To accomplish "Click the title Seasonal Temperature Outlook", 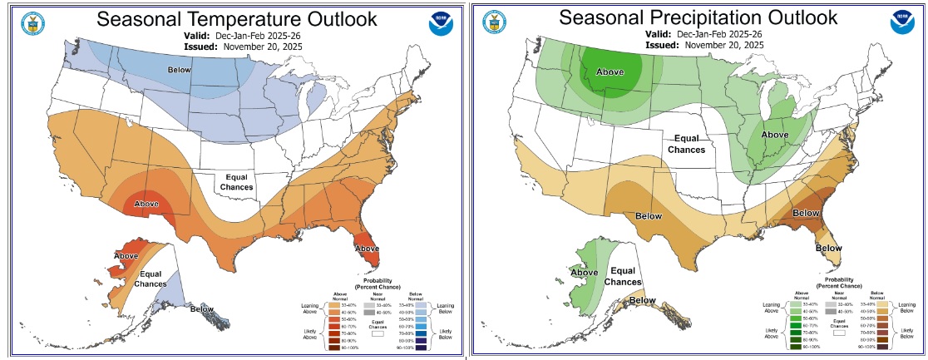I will (x=237, y=19).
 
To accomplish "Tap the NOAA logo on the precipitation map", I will (x=906, y=23).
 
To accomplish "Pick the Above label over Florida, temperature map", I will (x=368, y=248).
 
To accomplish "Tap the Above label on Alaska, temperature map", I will (x=126, y=255).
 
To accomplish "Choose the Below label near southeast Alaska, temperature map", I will (x=202, y=309).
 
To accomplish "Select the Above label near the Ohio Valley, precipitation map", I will (x=775, y=134).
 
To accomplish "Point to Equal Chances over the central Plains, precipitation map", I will (x=689, y=144).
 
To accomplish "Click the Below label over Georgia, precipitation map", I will (x=806, y=214).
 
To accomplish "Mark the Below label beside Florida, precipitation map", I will (x=828, y=248).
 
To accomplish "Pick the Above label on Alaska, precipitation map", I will (x=585, y=272).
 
